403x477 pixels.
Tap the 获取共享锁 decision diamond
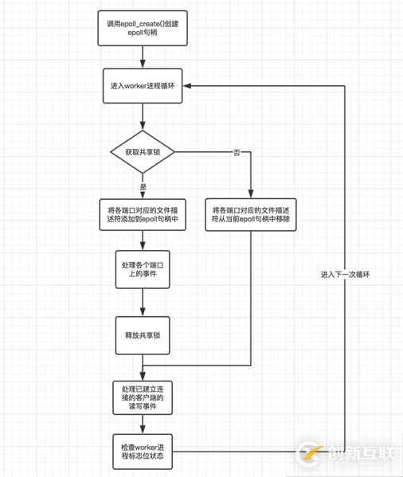tap(143, 151)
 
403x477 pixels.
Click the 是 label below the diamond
tap(143, 186)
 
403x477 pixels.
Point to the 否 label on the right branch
tap(237, 151)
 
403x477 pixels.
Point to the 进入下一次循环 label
tap(346, 275)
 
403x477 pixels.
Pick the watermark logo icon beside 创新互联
tap(307, 454)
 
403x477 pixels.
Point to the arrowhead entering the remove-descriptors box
tap(249, 194)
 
